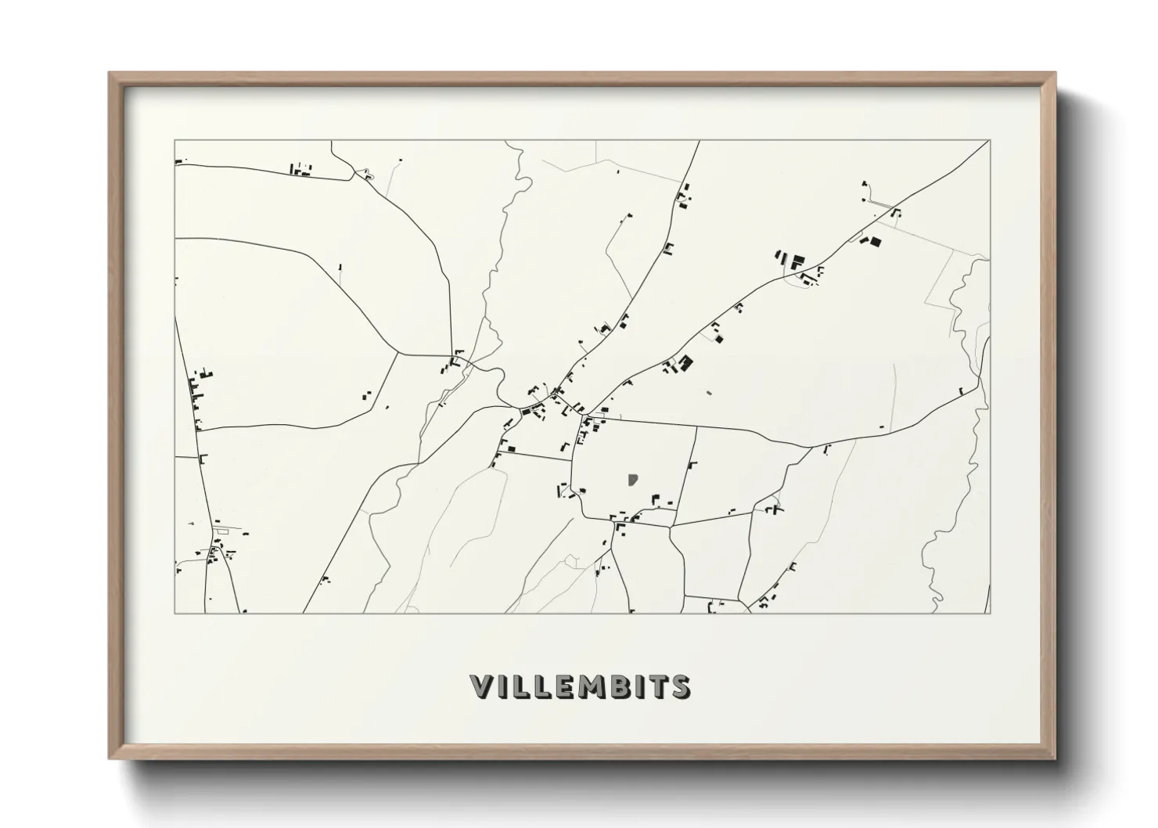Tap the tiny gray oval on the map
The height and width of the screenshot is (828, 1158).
click(709, 392)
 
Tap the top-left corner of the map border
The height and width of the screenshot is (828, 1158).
click(174, 141)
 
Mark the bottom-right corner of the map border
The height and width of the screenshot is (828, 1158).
click(990, 613)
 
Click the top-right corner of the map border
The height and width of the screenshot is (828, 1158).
click(990, 141)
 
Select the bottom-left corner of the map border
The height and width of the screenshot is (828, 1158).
click(174, 613)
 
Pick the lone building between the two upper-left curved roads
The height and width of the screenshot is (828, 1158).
click(340, 268)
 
